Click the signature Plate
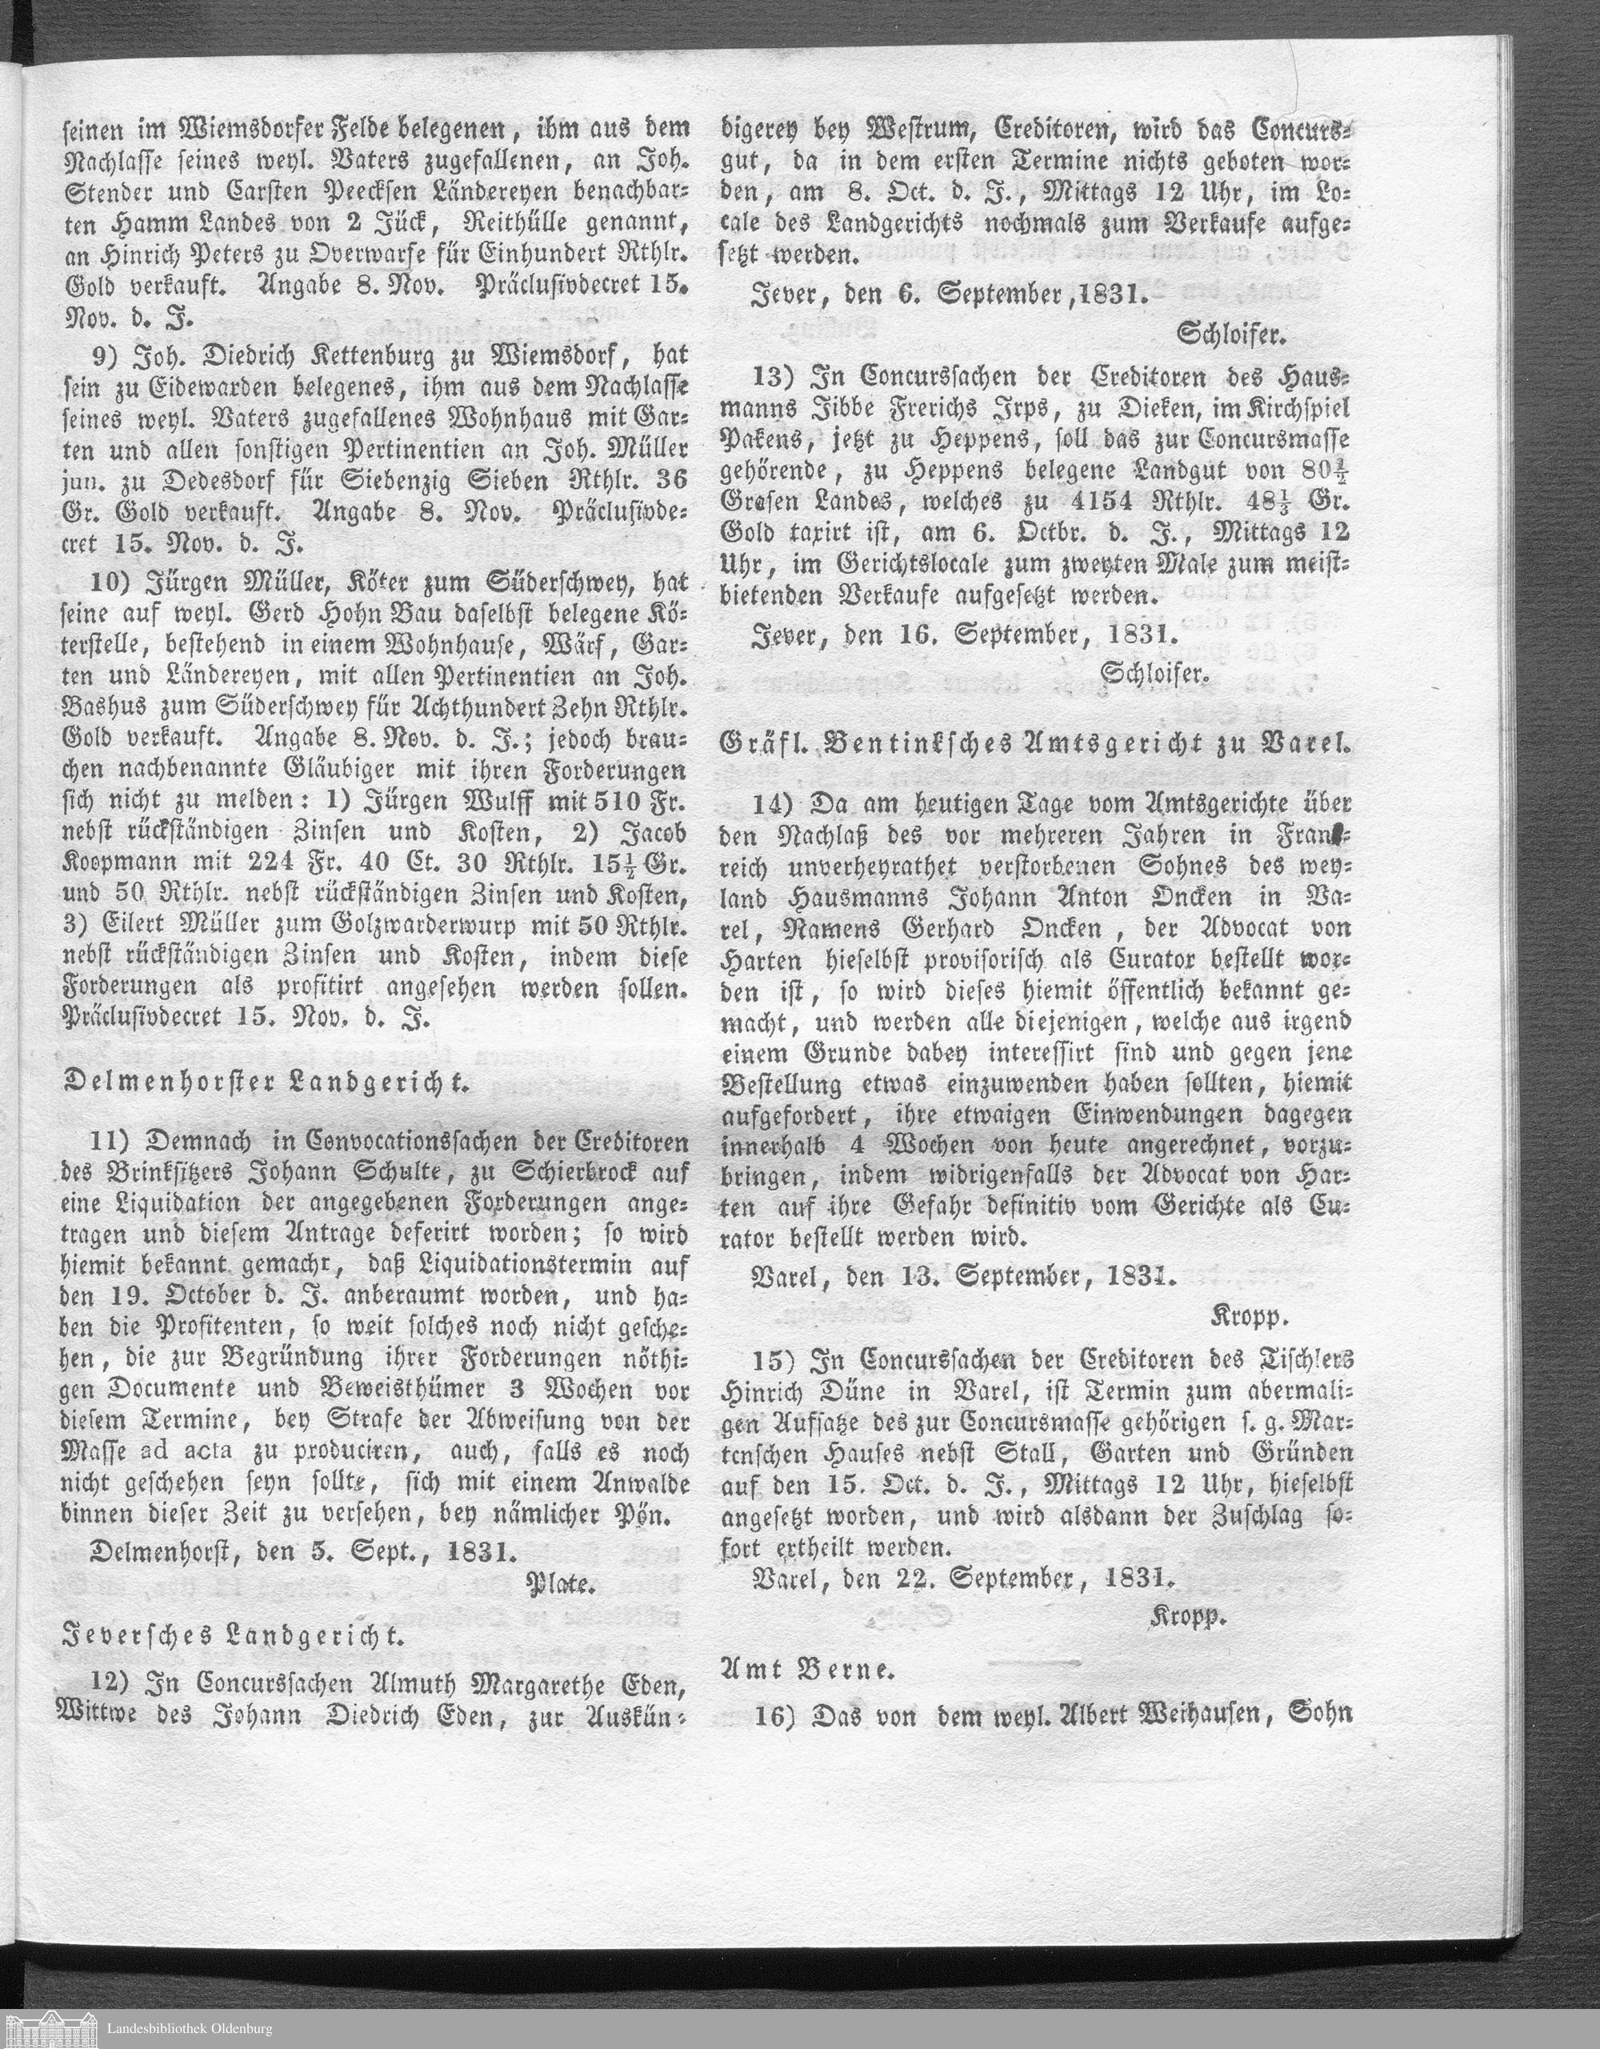click(562, 1587)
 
